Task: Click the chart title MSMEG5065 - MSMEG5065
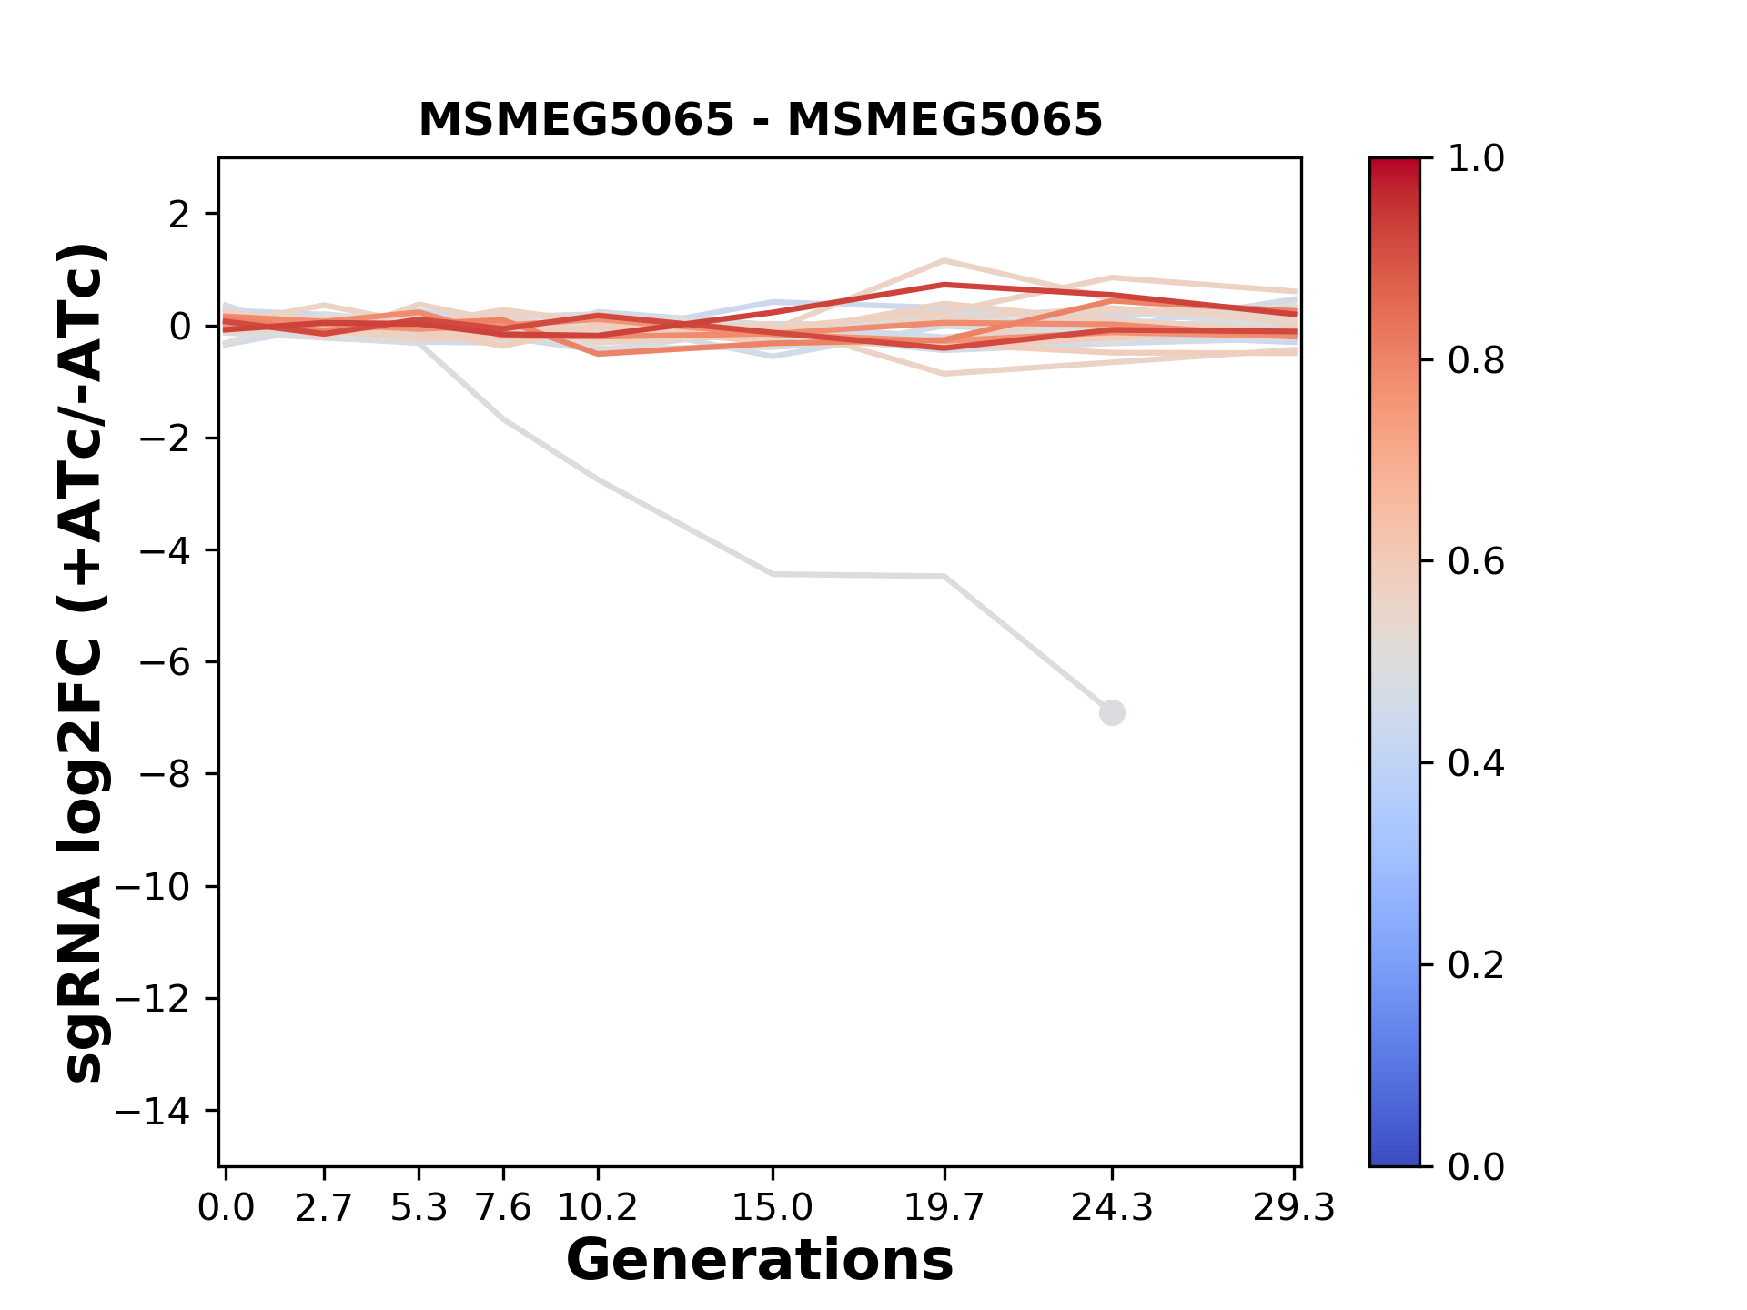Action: pyautogui.click(x=760, y=120)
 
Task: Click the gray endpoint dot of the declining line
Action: pyautogui.click(x=1112, y=712)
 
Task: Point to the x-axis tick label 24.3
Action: pyautogui.click(x=1112, y=1208)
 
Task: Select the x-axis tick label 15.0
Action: pyautogui.click(x=773, y=1208)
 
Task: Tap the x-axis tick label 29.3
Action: pyautogui.click(x=1294, y=1208)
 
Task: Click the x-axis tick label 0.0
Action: pyautogui.click(x=227, y=1208)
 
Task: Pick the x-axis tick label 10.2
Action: pyautogui.click(x=597, y=1208)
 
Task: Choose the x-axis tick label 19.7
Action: pyautogui.click(x=944, y=1208)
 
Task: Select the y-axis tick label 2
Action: pyautogui.click(x=180, y=215)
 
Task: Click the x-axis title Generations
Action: pyautogui.click(x=760, y=1261)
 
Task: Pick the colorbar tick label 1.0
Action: pyautogui.click(x=1476, y=159)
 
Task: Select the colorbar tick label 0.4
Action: pyautogui.click(x=1476, y=763)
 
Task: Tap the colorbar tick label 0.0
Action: pyautogui.click(x=1476, y=1166)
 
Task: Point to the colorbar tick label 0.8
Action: pyautogui.click(x=1476, y=361)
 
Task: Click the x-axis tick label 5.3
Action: pyautogui.click(x=419, y=1208)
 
